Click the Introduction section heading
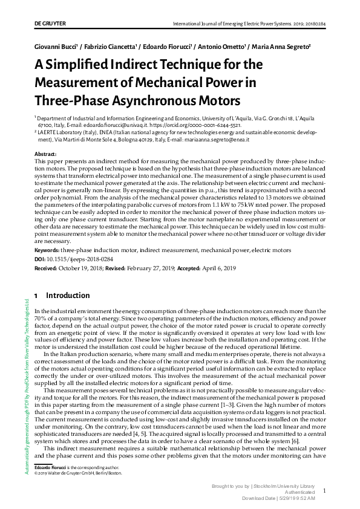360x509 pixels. coord(68,296)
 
